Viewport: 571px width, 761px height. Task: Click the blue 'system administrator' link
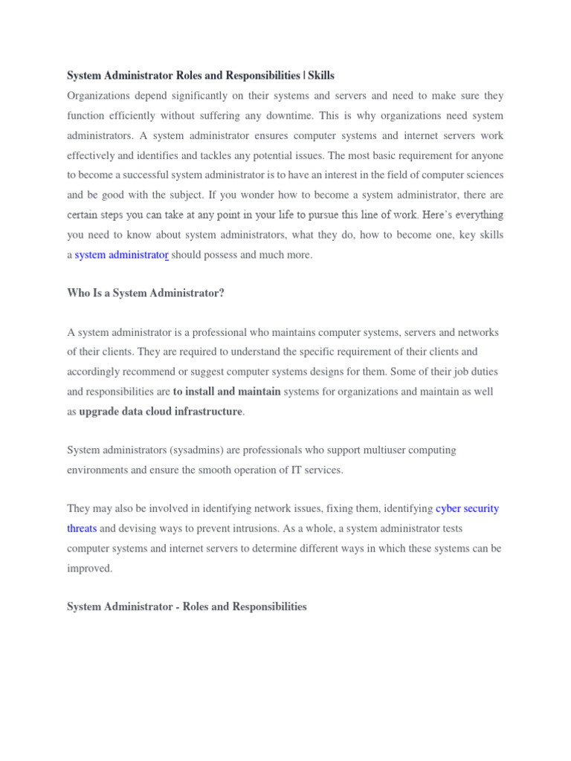(122, 255)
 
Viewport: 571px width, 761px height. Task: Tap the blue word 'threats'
(82, 528)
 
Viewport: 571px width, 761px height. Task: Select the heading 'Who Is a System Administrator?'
(146, 294)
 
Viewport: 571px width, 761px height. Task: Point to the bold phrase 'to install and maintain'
(227, 392)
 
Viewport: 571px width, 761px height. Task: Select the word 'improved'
(89, 568)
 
